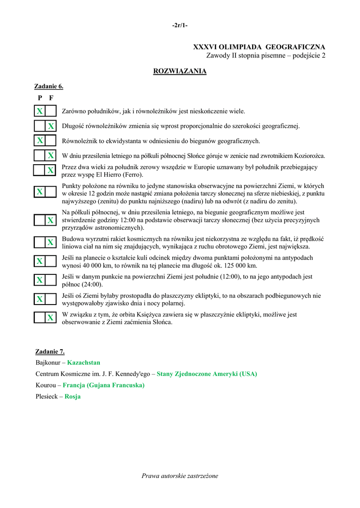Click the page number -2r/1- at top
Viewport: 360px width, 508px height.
click(x=180, y=25)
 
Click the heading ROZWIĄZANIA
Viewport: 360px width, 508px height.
click(x=180, y=71)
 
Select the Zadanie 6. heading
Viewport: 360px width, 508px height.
click(x=49, y=86)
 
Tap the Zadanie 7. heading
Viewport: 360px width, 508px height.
click(x=50, y=352)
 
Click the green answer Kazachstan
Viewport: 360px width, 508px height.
click(x=83, y=363)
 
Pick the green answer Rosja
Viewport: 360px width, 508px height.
click(x=72, y=396)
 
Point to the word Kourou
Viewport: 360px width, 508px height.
click(x=45, y=385)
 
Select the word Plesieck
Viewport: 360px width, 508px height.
click(x=46, y=396)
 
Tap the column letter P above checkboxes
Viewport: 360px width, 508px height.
click(x=40, y=98)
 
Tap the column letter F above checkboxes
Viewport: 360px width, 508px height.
click(x=51, y=98)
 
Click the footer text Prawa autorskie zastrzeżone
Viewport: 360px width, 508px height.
click(x=180, y=476)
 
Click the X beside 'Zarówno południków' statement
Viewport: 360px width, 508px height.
click(x=40, y=111)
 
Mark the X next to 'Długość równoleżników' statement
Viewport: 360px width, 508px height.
click(x=51, y=126)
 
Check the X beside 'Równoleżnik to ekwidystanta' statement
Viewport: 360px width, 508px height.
click(x=40, y=141)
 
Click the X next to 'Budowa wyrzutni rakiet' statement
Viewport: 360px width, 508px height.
click(x=51, y=242)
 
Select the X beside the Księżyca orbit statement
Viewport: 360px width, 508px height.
click(x=51, y=317)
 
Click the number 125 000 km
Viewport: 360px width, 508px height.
click(x=240, y=265)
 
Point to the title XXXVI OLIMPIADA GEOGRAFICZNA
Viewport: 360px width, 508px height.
click(x=259, y=47)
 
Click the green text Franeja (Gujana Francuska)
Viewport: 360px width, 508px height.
click(x=103, y=385)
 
